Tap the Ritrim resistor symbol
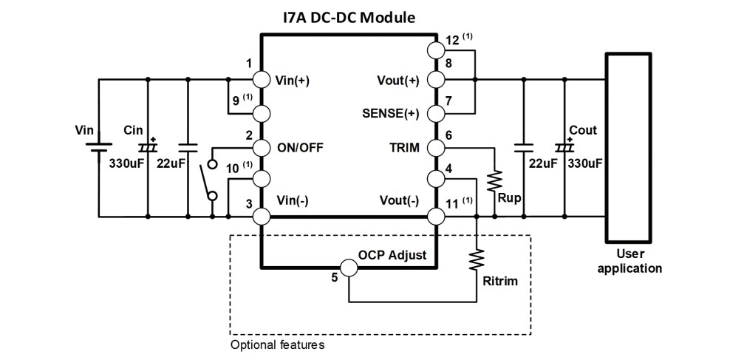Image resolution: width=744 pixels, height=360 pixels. [x=477, y=259]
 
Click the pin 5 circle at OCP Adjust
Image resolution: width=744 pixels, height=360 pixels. [x=348, y=267]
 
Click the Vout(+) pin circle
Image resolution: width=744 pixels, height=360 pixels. [x=436, y=79]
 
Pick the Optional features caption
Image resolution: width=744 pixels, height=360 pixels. [x=277, y=344]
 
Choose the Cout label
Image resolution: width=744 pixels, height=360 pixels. [x=582, y=131]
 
